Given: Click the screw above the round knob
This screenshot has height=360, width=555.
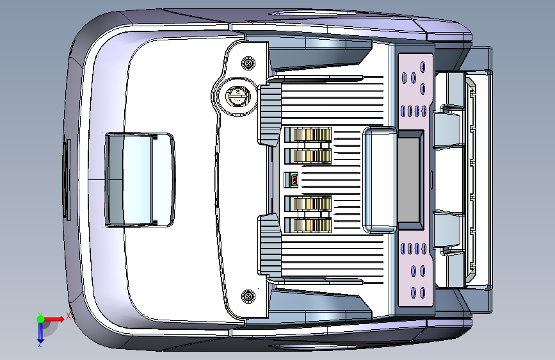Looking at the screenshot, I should [247, 63].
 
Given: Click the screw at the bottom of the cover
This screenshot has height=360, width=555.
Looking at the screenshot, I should [247, 296].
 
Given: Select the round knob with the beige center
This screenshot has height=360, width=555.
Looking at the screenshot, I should [236, 97].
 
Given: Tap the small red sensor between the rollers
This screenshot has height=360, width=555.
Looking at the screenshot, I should [294, 180].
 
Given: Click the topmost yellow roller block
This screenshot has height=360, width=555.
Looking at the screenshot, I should [308, 135].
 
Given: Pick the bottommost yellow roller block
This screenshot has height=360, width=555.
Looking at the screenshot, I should [308, 225].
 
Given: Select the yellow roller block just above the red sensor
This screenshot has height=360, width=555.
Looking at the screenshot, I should [308, 156].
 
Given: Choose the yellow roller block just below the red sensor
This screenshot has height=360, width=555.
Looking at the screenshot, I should [308, 204].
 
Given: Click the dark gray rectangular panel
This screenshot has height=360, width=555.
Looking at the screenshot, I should [410, 179].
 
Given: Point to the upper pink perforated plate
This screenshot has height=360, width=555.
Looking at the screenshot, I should [415, 87].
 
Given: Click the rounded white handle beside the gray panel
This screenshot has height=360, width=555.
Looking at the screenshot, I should [379, 179].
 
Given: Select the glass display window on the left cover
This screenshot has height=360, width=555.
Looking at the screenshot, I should [139, 179].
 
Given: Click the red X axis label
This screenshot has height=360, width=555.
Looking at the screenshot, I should [68, 317].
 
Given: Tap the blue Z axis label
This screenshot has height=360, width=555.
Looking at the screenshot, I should [40, 344].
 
